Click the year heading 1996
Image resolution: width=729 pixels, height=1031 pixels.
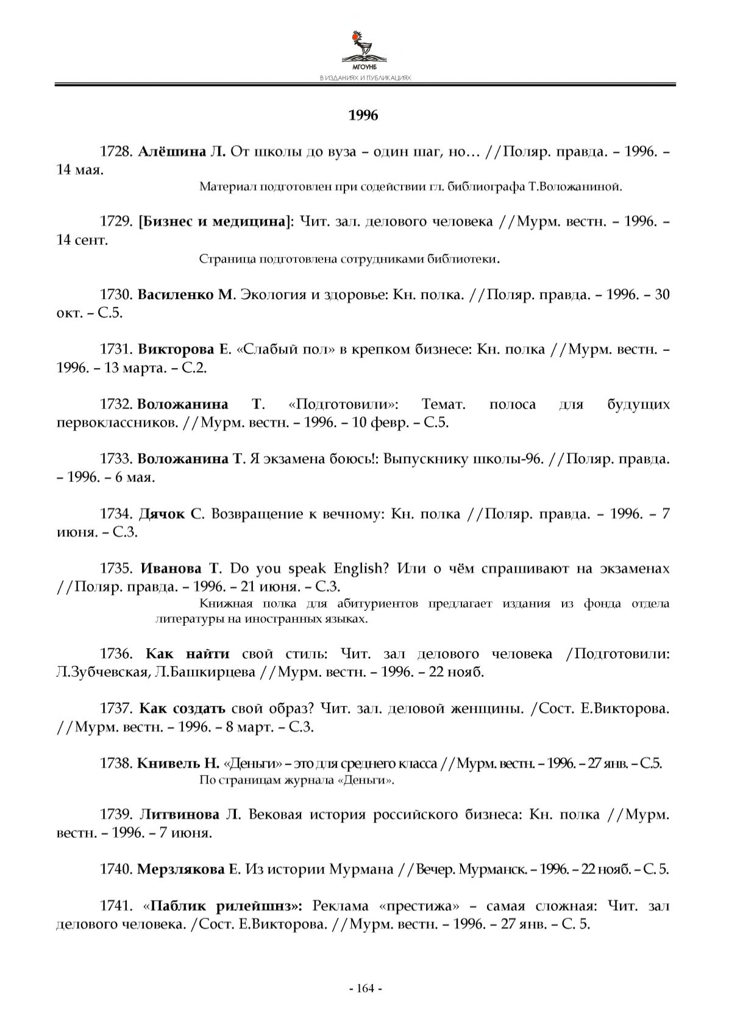point(363,115)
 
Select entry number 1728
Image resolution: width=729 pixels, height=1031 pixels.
point(116,152)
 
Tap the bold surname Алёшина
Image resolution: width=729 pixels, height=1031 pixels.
point(172,152)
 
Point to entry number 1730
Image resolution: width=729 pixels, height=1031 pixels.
point(116,295)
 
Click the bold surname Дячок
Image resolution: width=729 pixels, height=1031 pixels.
point(162,514)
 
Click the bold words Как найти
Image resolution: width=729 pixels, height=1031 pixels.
point(188,654)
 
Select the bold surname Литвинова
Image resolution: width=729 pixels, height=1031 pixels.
point(180,815)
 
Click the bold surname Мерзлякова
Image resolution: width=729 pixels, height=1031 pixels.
point(181,870)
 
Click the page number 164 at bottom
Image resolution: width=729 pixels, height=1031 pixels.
point(364,988)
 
